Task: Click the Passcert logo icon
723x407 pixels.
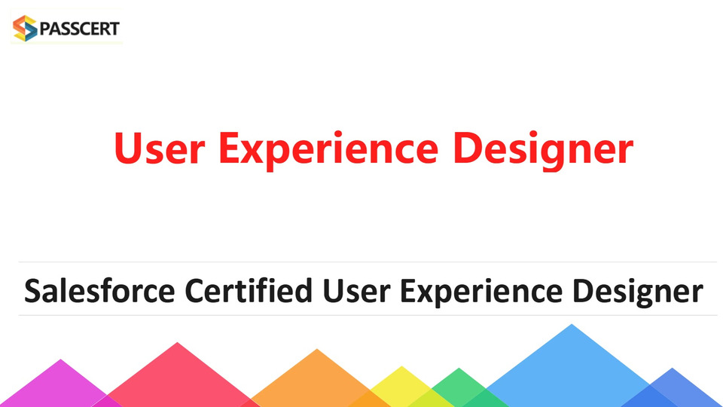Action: pyautogui.click(x=25, y=28)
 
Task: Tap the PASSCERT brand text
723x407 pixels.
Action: pyautogui.click(x=80, y=29)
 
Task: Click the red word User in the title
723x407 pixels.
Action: pyautogui.click(x=160, y=148)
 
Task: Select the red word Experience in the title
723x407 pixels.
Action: pyautogui.click(x=328, y=151)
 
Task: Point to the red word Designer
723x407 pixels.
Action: pyautogui.click(x=544, y=151)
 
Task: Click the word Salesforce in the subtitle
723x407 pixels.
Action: pyautogui.click(x=99, y=291)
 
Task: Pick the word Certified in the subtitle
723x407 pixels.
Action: pyautogui.click(x=249, y=291)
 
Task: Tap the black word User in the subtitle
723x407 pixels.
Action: pyautogui.click(x=356, y=291)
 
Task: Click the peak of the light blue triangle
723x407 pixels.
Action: pyautogui.click(x=572, y=324)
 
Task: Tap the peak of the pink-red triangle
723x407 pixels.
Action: pyautogui.click(x=178, y=342)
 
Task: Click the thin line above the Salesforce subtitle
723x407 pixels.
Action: pyautogui.click(x=368, y=262)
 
